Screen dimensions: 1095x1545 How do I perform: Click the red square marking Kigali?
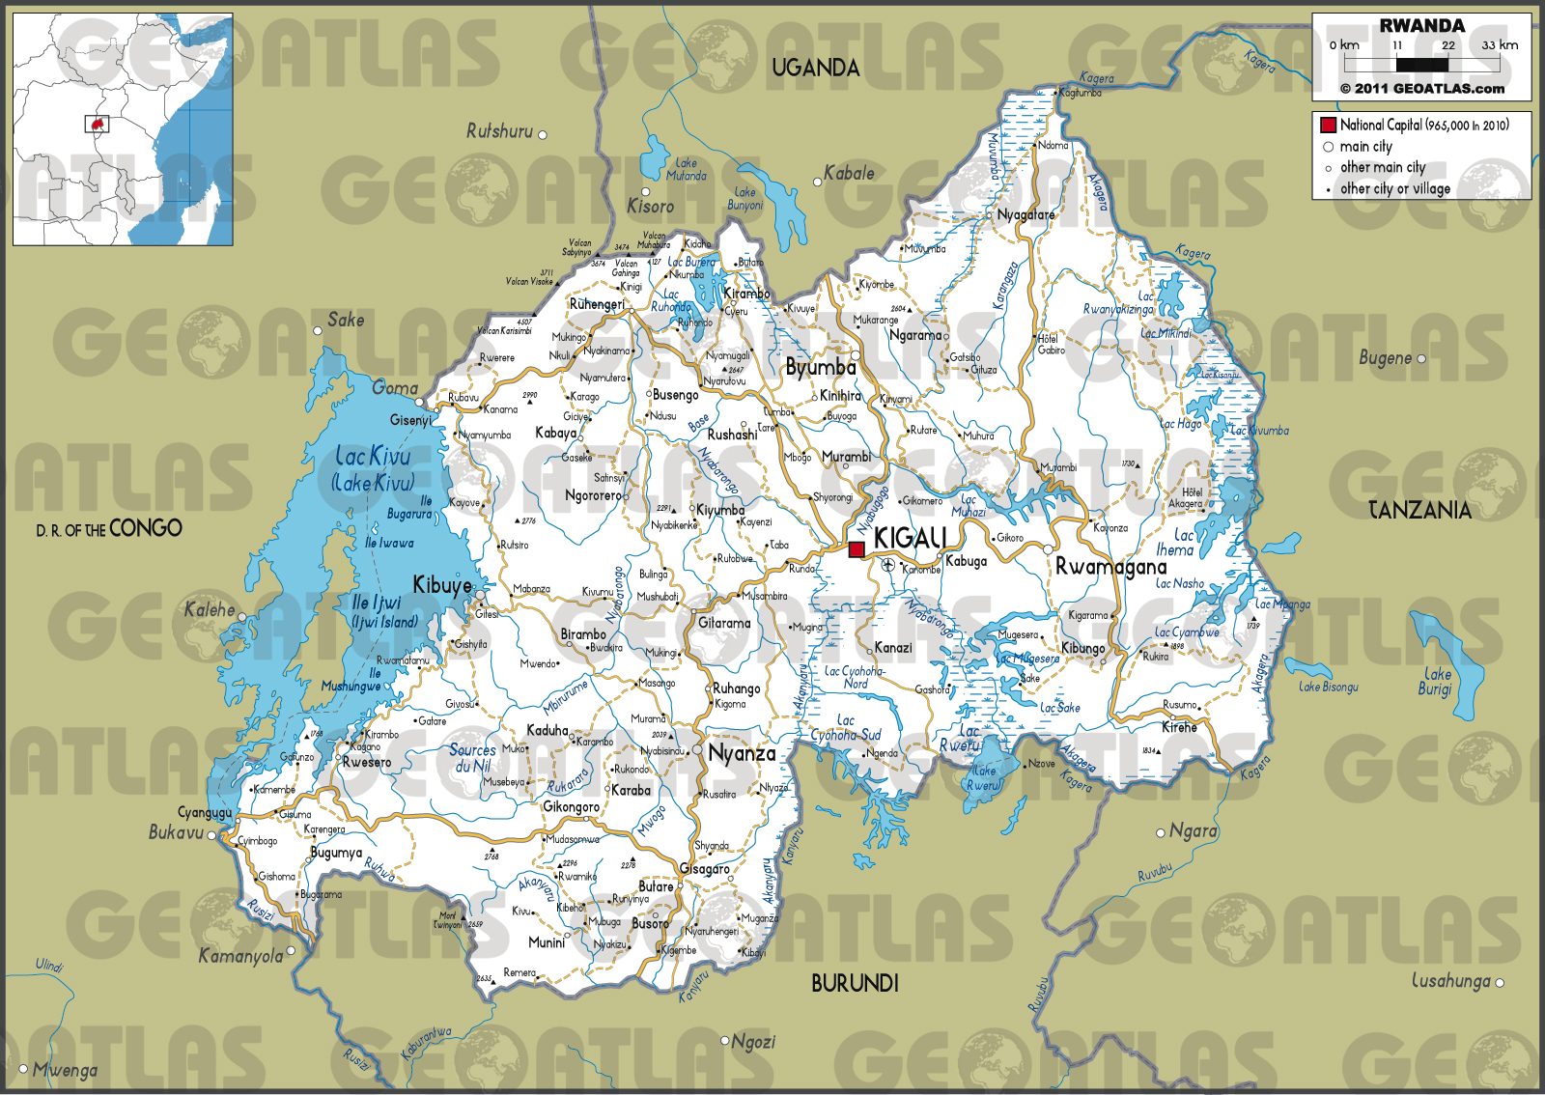(856, 549)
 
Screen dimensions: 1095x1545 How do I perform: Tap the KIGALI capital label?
(909, 538)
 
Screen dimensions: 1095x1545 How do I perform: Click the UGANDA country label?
(815, 68)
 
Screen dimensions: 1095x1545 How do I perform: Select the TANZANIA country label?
(1419, 510)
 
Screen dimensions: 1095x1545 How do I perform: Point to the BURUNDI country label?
(855, 983)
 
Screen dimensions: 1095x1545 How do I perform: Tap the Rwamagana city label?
(1110, 567)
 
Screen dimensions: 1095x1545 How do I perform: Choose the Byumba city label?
(821, 368)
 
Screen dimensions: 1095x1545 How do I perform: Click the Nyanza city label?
(742, 753)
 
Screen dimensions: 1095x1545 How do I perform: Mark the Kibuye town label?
(442, 585)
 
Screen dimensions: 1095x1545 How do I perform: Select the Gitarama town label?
(724, 624)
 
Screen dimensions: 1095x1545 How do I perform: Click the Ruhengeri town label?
(597, 304)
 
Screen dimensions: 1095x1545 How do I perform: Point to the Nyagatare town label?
(1025, 214)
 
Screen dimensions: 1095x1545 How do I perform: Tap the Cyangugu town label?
(205, 812)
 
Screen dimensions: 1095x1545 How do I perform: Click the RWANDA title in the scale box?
(1421, 26)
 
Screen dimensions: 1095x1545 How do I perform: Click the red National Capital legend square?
(1328, 125)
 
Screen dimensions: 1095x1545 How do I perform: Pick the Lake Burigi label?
(1436, 682)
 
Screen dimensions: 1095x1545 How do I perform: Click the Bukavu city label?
(176, 832)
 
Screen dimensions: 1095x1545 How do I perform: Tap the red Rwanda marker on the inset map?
(97, 125)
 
